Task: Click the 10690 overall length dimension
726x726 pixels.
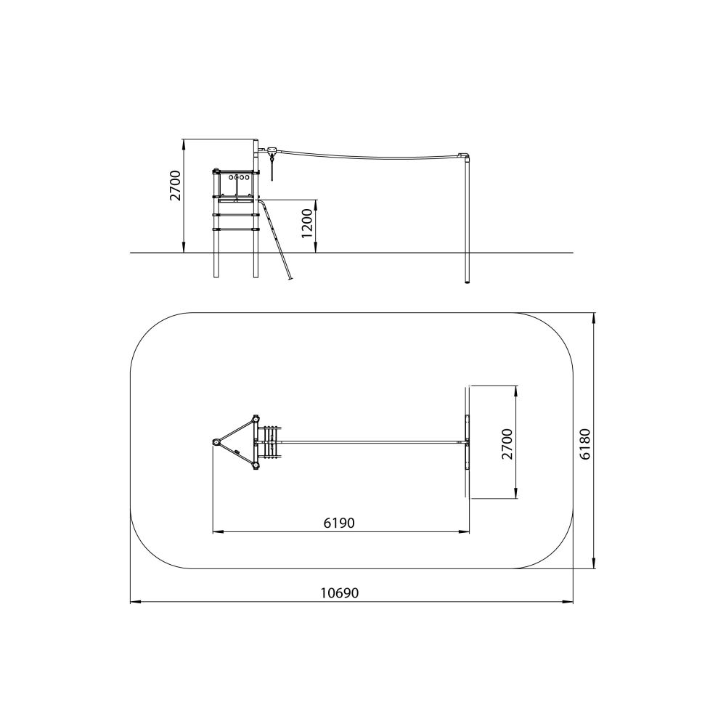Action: click(339, 593)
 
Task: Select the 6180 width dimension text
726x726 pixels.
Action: click(585, 444)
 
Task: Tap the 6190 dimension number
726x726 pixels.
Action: click(339, 523)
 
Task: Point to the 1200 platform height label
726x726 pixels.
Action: click(307, 223)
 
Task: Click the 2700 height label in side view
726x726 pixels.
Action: click(175, 185)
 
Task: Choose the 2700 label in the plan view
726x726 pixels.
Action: click(507, 444)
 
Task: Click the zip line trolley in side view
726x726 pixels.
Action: click(272, 151)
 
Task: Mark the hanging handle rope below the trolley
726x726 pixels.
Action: click(272, 168)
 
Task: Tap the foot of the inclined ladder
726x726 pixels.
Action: click(291, 279)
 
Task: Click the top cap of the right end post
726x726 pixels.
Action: click(465, 155)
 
